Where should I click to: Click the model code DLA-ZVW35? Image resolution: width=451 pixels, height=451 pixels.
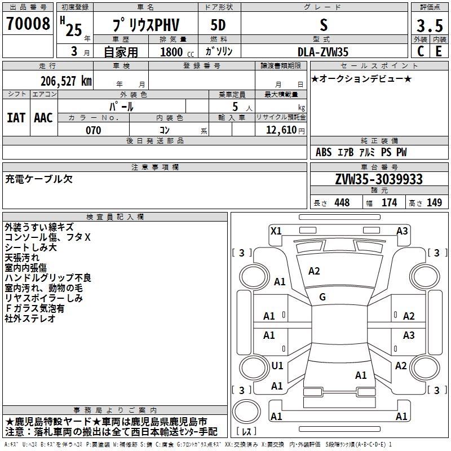point(323,52)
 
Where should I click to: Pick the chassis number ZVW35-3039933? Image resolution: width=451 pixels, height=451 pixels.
point(378,179)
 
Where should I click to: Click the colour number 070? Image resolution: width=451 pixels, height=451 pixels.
point(93,130)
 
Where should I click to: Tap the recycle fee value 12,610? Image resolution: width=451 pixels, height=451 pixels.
point(281,130)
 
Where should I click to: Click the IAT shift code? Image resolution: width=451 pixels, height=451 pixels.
point(16,118)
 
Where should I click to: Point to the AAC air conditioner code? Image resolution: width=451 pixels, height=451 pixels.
point(43,118)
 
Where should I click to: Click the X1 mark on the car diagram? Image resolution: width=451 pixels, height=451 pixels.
point(276,230)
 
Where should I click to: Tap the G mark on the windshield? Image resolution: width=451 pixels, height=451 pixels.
point(322,297)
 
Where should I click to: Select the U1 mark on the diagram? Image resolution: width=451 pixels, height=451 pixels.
point(277,366)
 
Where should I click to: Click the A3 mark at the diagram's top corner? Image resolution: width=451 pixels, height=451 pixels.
point(402,230)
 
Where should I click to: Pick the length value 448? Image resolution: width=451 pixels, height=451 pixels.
point(342,202)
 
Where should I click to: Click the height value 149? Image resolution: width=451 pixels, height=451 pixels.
point(434,202)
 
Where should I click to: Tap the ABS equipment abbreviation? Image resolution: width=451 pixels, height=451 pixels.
point(324,152)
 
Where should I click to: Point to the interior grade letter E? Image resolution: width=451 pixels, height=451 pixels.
point(439,51)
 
